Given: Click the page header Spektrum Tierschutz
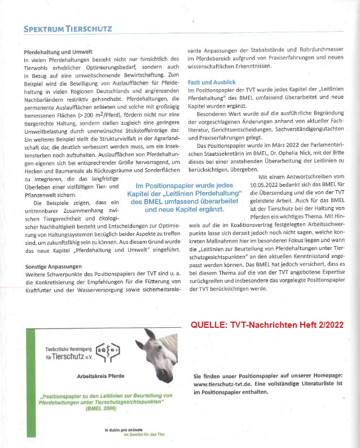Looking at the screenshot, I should pos(68,29).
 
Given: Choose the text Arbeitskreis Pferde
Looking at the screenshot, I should pos(101,374).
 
